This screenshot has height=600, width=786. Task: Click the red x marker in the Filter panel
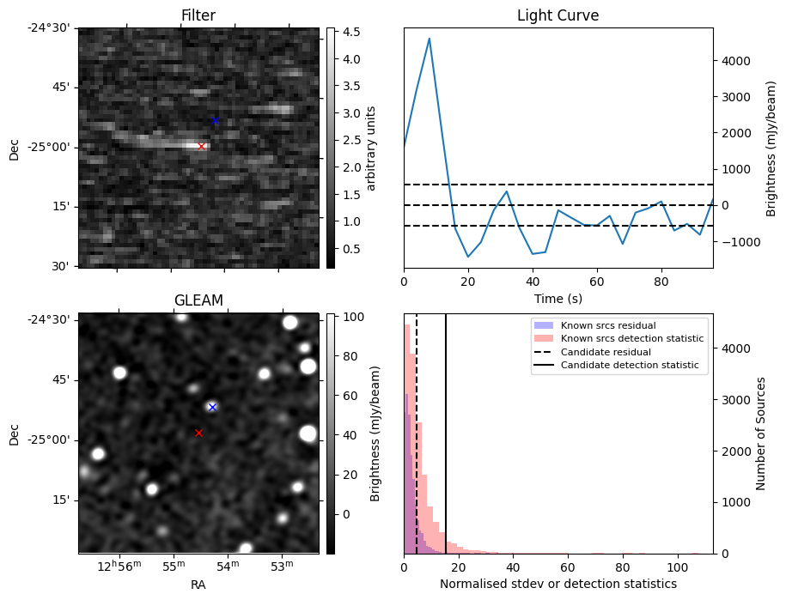pyautogui.click(x=201, y=146)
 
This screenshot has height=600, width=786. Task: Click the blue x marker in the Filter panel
pyautogui.click(x=215, y=120)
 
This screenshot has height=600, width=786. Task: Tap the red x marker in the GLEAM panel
pyautogui.click(x=198, y=433)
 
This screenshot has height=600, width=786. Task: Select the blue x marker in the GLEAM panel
pyautogui.click(x=212, y=407)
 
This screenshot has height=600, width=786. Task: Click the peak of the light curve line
pyautogui.click(x=429, y=39)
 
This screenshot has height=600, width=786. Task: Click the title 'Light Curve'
pyautogui.click(x=558, y=15)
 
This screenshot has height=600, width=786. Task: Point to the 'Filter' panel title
pyautogui.click(x=198, y=15)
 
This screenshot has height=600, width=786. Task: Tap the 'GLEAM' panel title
pyautogui.click(x=198, y=300)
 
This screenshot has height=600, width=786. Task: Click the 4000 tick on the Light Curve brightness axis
pyautogui.click(x=740, y=61)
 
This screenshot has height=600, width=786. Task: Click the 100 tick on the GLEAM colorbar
pyautogui.click(x=352, y=317)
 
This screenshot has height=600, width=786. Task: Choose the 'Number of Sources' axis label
pyautogui.click(x=760, y=433)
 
